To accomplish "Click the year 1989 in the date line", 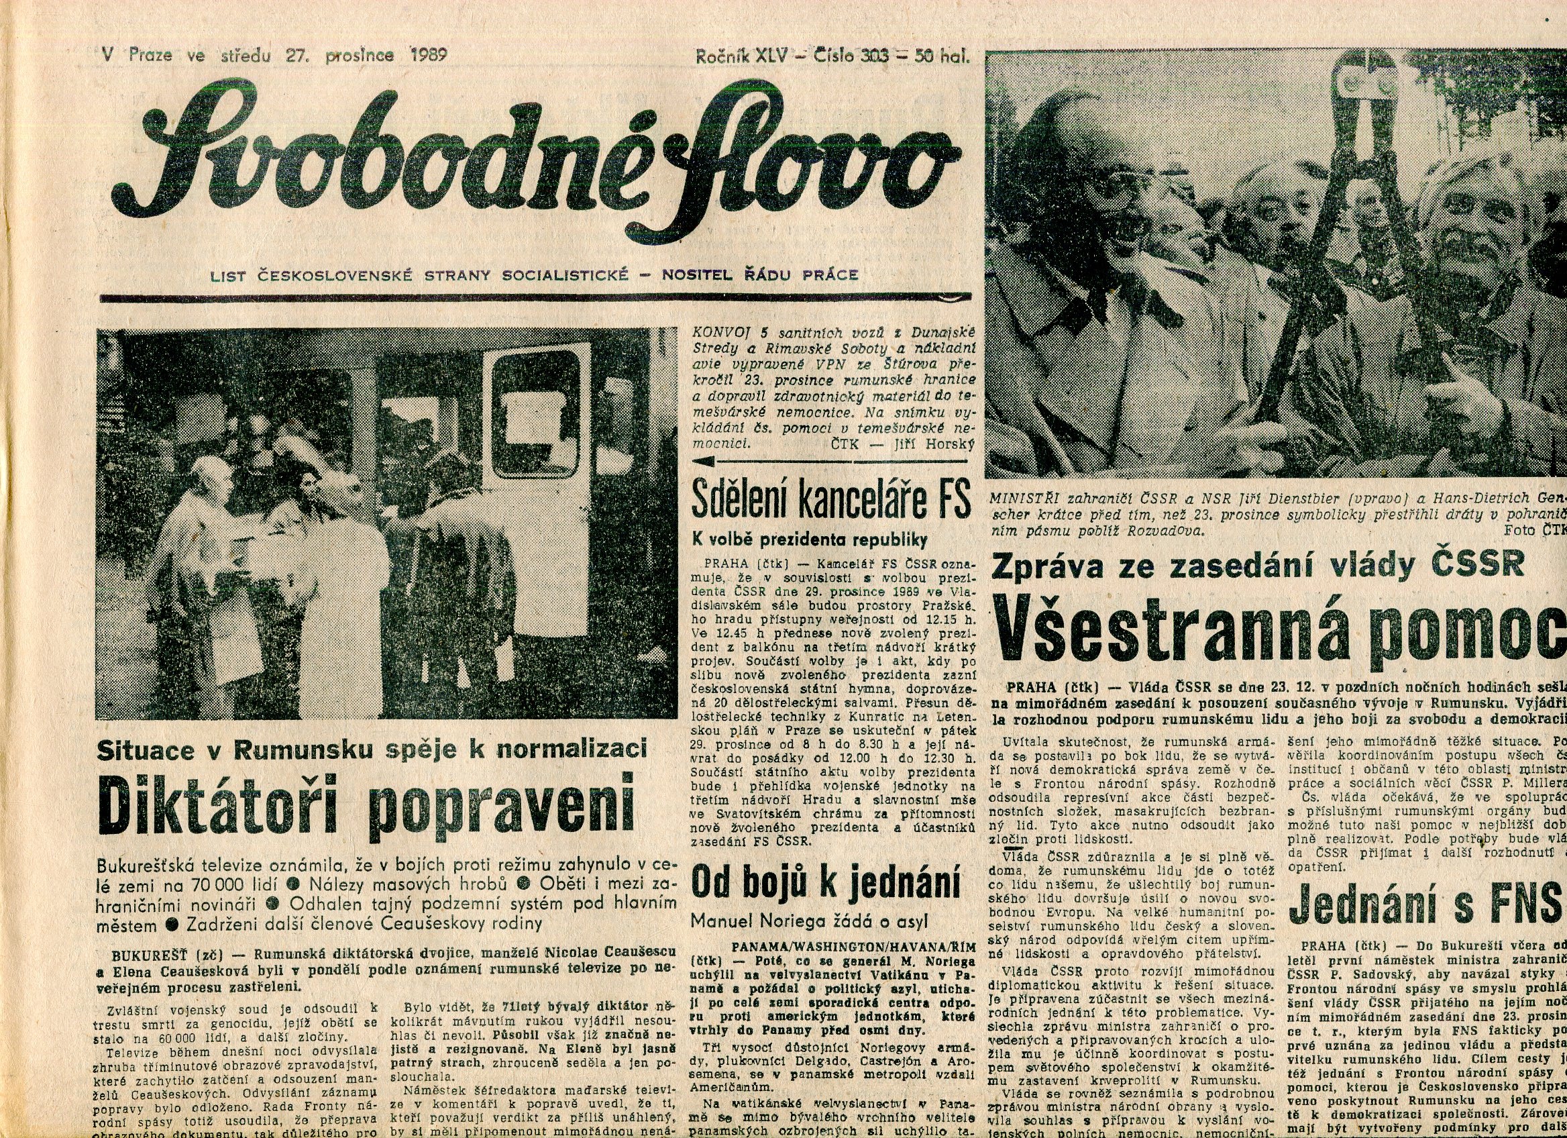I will pyautogui.click(x=429, y=54).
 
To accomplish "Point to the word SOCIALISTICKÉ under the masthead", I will pyautogui.click(x=565, y=275).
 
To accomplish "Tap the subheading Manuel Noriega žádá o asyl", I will pyautogui.click(x=809, y=921).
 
